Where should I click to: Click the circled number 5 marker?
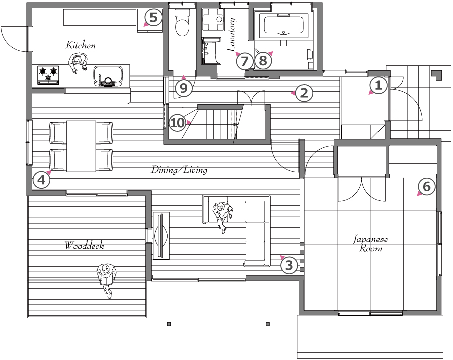pos(153,17)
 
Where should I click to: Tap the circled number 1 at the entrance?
pos(378,85)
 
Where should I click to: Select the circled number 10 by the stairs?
pos(177,123)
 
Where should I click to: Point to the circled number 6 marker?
pos(427,187)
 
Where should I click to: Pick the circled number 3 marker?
pos(289,265)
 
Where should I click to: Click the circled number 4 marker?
pos(42,180)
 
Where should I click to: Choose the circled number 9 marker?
pos(184,88)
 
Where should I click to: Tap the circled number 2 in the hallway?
pos(304,93)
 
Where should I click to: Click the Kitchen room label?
pos(81,45)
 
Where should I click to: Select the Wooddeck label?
pos(84,246)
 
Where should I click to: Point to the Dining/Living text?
pos(179,170)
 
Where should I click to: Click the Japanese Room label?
pos(370,244)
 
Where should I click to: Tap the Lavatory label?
pos(232,35)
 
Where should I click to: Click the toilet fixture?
pos(182,22)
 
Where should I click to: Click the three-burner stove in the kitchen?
pos(48,75)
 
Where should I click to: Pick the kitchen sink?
pos(108,77)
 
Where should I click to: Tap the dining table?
pos(81,146)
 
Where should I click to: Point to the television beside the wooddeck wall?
pos(161,236)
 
